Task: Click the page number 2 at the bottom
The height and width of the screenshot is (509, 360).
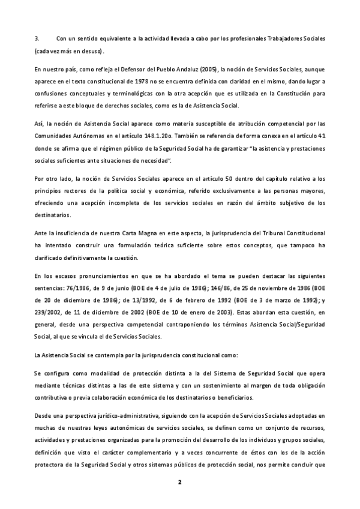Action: click(x=179, y=482)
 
